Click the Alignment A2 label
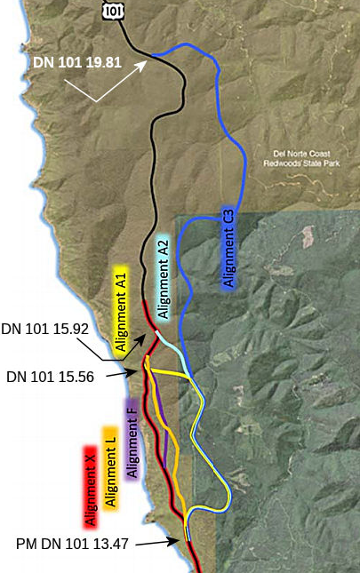point(163,278)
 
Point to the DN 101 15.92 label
point(44,329)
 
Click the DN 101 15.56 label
point(50,377)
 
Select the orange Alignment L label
point(111,468)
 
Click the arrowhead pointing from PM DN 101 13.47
point(183,537)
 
